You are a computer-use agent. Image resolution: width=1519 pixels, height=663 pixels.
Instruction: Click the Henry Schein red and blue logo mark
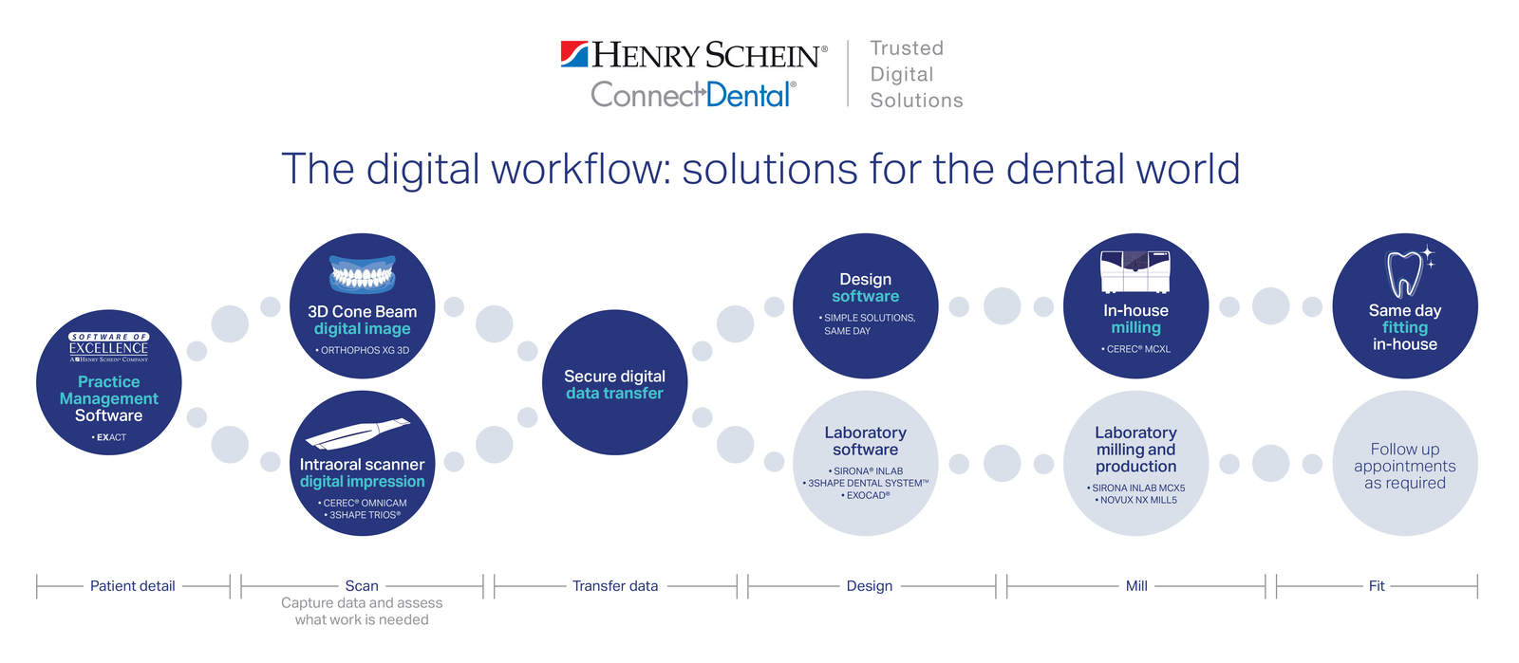point(574,54)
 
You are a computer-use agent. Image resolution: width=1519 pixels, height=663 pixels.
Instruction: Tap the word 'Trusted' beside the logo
point(907,48)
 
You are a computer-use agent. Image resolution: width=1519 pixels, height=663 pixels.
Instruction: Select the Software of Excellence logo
point(108,347)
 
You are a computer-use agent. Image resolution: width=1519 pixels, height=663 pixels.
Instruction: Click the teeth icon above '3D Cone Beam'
point(362,274)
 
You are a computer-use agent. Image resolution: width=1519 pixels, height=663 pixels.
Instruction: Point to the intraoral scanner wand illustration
point(357,433)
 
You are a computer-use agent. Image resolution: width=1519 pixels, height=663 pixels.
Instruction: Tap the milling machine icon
point(1135,271)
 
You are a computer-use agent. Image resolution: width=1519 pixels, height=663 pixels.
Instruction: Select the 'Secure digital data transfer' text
point(614,385)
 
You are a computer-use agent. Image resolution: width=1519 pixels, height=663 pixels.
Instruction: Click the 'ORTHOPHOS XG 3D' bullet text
point(362,351)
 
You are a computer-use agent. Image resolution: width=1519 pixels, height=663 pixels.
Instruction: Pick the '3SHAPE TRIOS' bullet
point(362,515)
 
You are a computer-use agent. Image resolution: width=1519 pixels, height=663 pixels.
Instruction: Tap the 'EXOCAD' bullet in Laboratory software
point(865,496)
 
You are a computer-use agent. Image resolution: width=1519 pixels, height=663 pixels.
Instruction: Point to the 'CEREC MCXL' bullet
point(1135,349)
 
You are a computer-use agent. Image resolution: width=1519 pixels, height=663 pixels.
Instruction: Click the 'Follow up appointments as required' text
point(1404,466)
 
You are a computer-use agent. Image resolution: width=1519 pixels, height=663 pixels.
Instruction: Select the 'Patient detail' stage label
point(132,586)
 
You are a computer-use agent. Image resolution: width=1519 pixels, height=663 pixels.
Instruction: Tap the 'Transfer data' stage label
point(615,586)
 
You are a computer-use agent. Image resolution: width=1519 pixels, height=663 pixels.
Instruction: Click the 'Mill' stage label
point(1136,586)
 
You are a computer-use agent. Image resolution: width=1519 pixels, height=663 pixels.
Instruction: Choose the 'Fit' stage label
point(1377,586)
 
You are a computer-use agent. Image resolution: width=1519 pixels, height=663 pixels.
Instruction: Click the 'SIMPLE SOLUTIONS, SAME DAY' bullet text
point(867,324)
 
